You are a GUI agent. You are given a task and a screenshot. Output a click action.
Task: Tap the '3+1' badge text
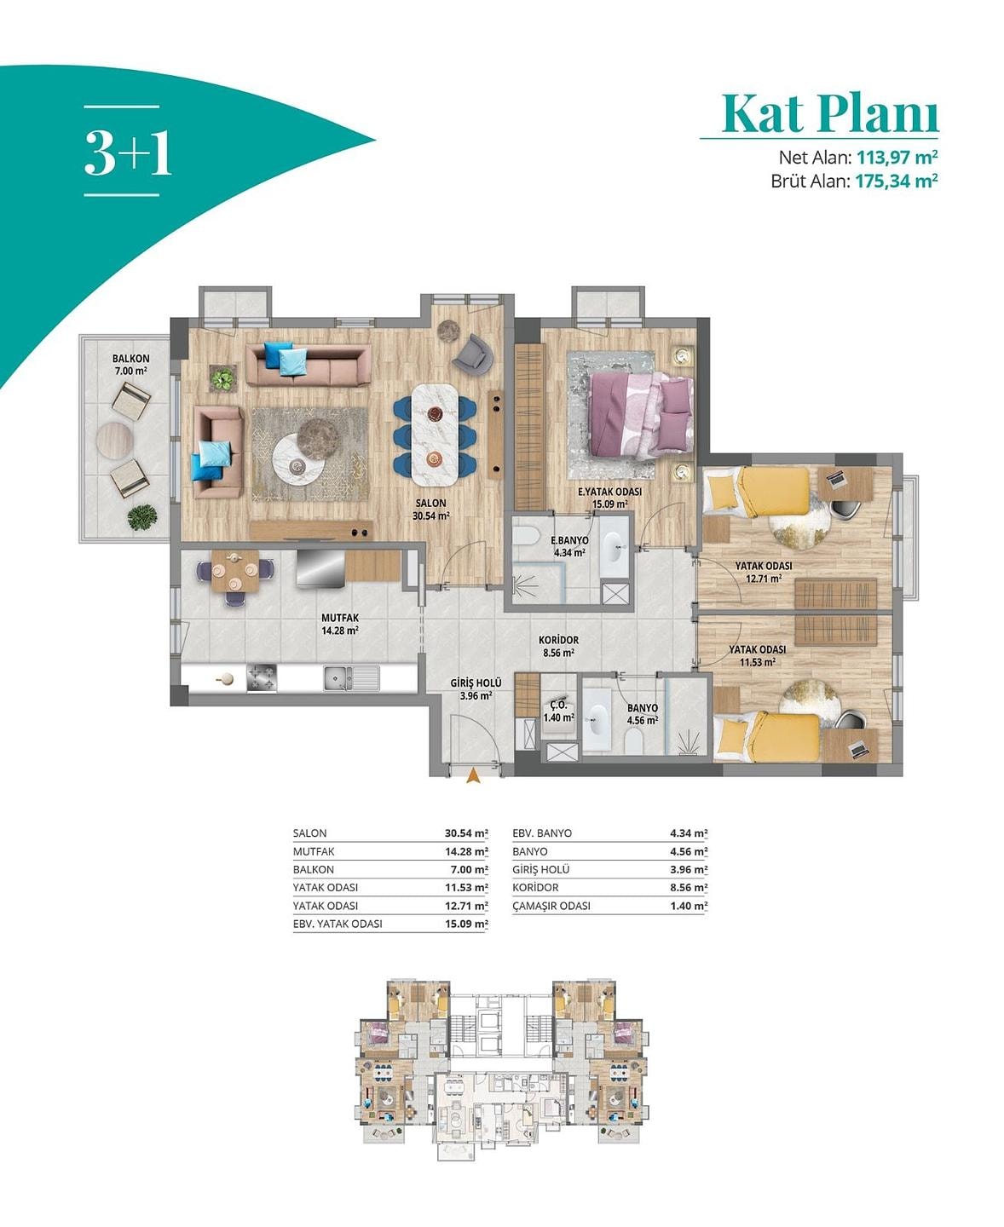128,153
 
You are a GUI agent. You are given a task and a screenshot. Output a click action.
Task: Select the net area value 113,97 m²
897,157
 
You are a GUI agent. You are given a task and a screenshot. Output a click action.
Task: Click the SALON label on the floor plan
430,504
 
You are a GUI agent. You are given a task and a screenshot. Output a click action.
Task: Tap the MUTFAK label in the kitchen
340,618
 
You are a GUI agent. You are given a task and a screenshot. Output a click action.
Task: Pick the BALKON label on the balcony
131,359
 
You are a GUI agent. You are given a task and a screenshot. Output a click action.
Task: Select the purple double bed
642,413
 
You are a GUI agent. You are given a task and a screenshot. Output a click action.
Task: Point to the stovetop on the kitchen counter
262,677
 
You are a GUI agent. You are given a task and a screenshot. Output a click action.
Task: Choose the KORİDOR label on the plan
559,640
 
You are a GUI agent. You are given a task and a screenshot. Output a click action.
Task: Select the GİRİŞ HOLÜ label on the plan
476,683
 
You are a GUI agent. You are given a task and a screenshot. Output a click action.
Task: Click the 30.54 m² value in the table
466,833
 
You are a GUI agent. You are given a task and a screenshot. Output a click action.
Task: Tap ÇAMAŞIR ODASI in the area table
551,906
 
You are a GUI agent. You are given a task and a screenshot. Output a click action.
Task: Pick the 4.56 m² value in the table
689,852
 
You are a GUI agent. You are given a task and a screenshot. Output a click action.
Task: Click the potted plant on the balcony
142,517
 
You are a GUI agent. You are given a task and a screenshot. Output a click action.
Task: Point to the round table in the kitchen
235,571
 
